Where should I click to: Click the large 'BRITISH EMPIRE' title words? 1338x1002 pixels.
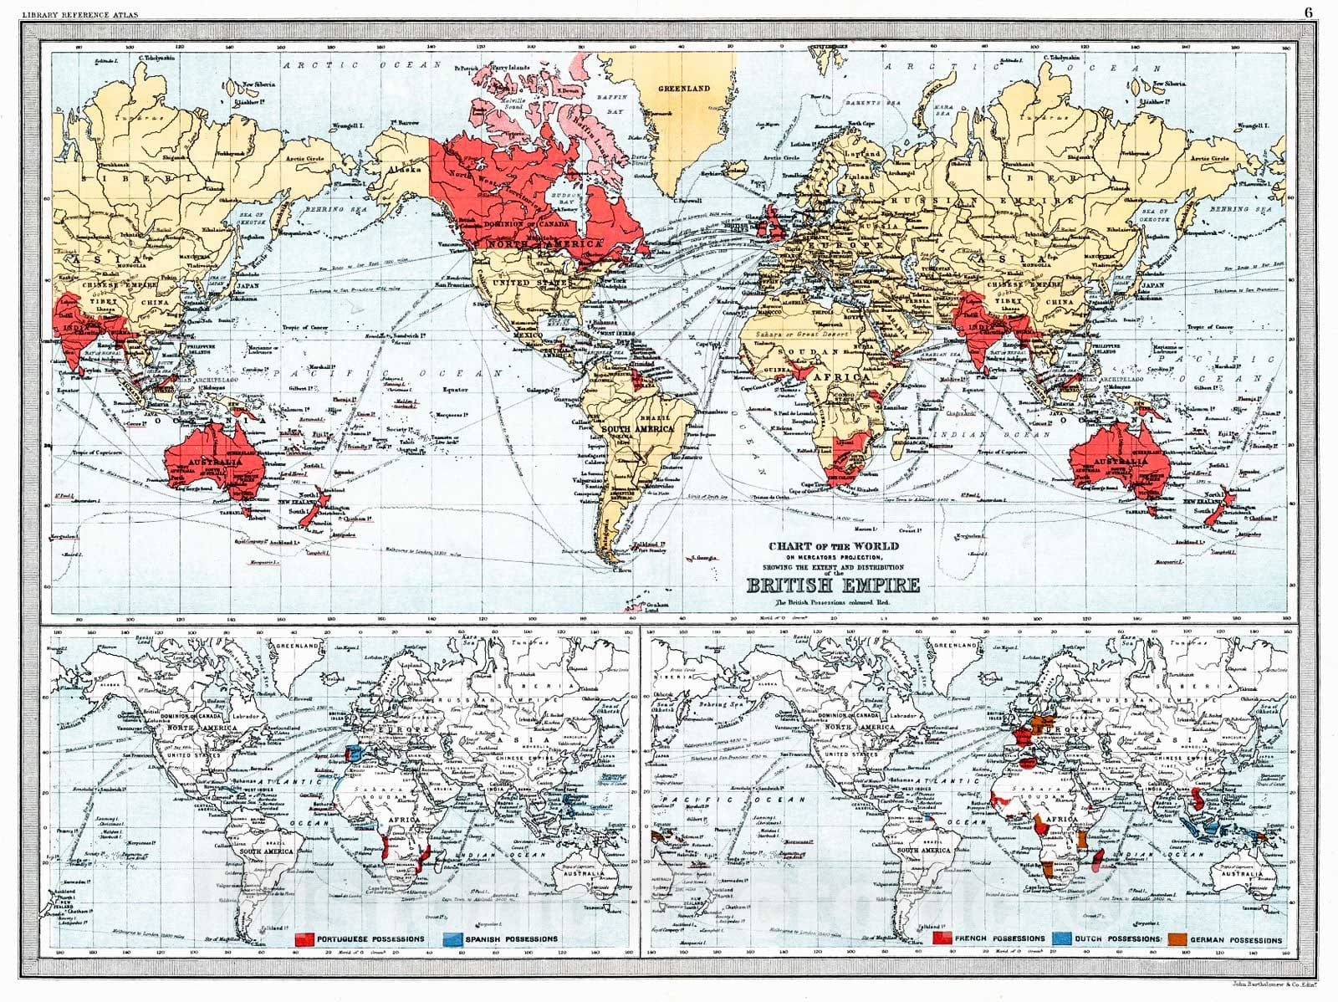point(833,585)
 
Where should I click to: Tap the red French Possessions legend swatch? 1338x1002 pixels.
point(943,939)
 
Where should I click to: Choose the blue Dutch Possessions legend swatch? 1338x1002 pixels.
point(1062,939)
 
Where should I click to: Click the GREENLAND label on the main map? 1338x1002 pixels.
point(683,88)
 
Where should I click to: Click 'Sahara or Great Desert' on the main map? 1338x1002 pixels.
point(798,334)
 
